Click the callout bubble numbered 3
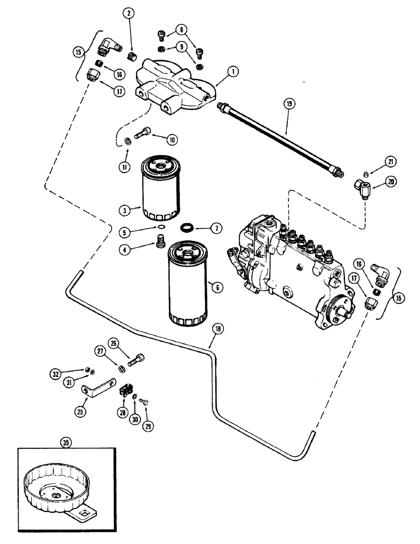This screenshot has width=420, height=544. (125, 209)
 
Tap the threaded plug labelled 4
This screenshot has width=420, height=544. (160, 240)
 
